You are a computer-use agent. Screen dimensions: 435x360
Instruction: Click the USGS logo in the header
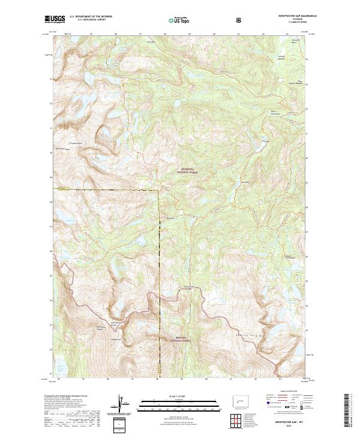tap(54, 20)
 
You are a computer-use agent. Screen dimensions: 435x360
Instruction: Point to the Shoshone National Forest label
tap(188, 170)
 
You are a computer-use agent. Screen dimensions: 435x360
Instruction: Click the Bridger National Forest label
tap(180, 338)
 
